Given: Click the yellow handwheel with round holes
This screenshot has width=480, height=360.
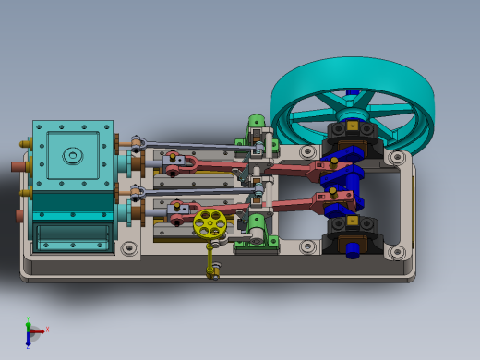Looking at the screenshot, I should point(210,222).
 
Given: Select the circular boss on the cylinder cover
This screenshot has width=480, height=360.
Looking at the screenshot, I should point(72,156).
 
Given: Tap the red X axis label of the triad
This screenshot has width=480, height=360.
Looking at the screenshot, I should point(47,329).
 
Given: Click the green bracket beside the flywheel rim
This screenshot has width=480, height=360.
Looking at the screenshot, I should point(256,122).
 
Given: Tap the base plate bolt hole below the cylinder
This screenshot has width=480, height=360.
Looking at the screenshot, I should point(128,248).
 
